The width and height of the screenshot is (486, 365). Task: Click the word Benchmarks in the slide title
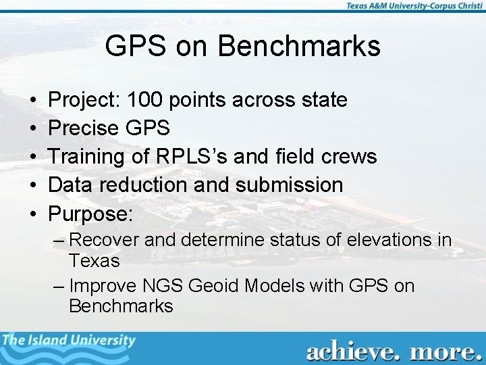pos(299,47)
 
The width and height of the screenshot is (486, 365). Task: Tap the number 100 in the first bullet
pos(146,101)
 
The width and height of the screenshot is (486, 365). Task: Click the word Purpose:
pos(92,212)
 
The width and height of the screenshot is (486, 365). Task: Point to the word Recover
pos(102,240)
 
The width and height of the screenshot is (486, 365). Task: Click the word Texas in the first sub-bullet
pos(94,260)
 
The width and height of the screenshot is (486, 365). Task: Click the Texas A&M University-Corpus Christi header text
pos(412,6)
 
